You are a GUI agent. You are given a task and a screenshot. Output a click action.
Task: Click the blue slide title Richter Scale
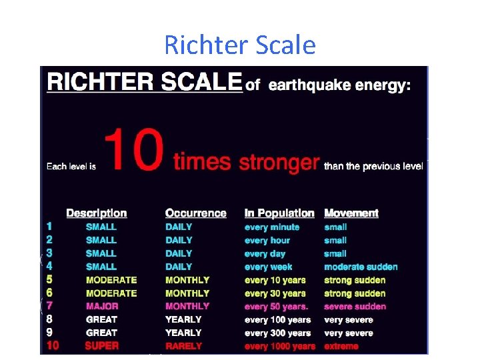pos(240,45)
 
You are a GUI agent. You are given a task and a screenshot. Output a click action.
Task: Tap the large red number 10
pos(134,150)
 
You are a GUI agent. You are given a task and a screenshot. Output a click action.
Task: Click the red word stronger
pos(279,163)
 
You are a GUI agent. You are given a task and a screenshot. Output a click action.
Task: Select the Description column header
pos(97,213)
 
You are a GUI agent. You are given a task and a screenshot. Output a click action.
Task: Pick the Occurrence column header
pos(195,213)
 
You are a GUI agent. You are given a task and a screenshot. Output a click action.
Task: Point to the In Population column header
pos(279,213)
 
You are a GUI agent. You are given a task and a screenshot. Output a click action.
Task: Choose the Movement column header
pos(351,213)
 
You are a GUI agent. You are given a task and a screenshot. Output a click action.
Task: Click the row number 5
pos(49,279)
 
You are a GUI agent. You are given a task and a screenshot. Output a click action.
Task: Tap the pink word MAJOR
pos(102,306)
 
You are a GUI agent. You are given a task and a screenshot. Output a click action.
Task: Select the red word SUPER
pos(101,346)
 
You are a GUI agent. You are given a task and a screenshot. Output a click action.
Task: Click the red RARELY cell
pos(184,346)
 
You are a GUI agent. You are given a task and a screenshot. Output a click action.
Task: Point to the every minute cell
pos(272,227)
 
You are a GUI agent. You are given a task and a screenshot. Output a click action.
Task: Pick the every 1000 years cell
pos(280,346)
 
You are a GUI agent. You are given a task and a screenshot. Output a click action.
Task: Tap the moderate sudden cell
pos(361,267)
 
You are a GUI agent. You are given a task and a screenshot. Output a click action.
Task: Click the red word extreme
pos(341,346)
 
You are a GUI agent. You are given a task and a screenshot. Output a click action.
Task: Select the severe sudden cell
pos(355,307)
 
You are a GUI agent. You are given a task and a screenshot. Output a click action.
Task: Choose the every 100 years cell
pos(277,320)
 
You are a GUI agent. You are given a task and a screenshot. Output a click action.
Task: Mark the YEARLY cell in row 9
pos(183,333)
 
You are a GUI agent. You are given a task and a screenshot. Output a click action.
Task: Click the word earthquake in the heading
pos(309,85)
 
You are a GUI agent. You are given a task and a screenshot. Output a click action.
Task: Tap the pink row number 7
pos(49,306)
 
